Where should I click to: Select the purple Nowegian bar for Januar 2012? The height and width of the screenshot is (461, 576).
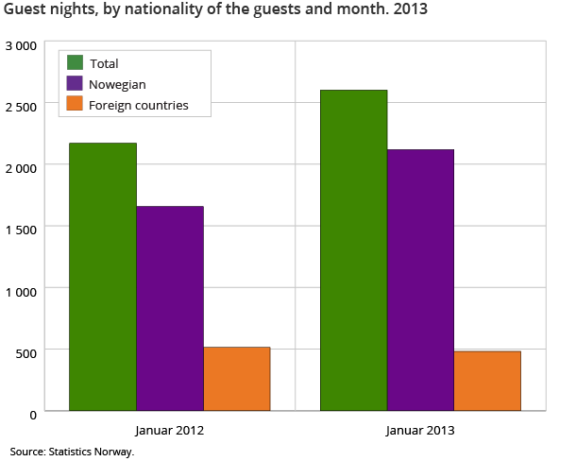(x=169, y=308)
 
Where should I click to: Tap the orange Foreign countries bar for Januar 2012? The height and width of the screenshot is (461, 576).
(x=236, y=379)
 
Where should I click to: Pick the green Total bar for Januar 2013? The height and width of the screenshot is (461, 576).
(x=353, y=250)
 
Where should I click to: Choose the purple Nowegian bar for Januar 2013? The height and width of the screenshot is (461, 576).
(x=420, y=280)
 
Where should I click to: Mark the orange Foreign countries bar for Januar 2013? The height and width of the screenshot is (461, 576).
(x=487, y=381)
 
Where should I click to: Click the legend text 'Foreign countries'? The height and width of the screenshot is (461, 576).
(x=138, y=105)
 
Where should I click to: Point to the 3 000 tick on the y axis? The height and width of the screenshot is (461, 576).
(x=21, y=46)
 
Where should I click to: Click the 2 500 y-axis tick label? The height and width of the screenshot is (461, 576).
(x=21, y=107)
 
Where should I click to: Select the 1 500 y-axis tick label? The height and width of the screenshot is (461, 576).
(x=21, y=230)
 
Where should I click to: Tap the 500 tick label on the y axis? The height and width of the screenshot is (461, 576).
(x=25, y=353)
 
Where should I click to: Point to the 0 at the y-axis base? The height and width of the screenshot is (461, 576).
(x=33, y=414)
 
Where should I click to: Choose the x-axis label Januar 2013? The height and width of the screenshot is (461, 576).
(x=420, y=431)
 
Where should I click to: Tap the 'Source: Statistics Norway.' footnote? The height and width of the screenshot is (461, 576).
(x=73, y=452)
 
